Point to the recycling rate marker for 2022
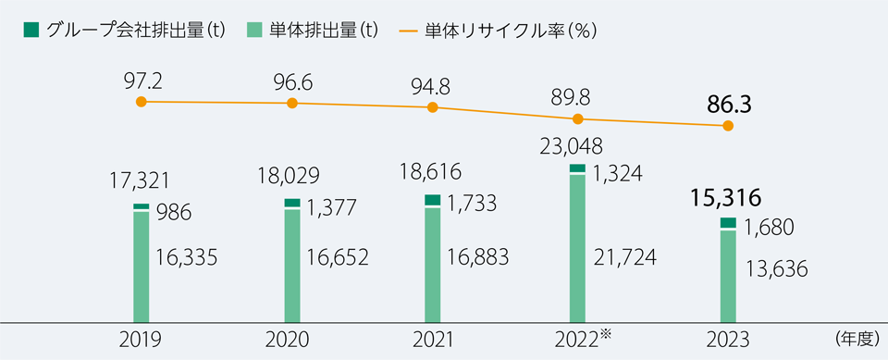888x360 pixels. click(x=578, y=118)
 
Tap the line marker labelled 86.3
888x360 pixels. click(x=728, y=126)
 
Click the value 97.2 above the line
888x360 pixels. click(x=141, y=80)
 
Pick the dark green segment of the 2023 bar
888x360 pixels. click(x=728, y=223)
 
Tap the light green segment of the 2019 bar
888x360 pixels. click(x=141, y=267)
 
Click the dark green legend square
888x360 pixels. click(x=31, y=30)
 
